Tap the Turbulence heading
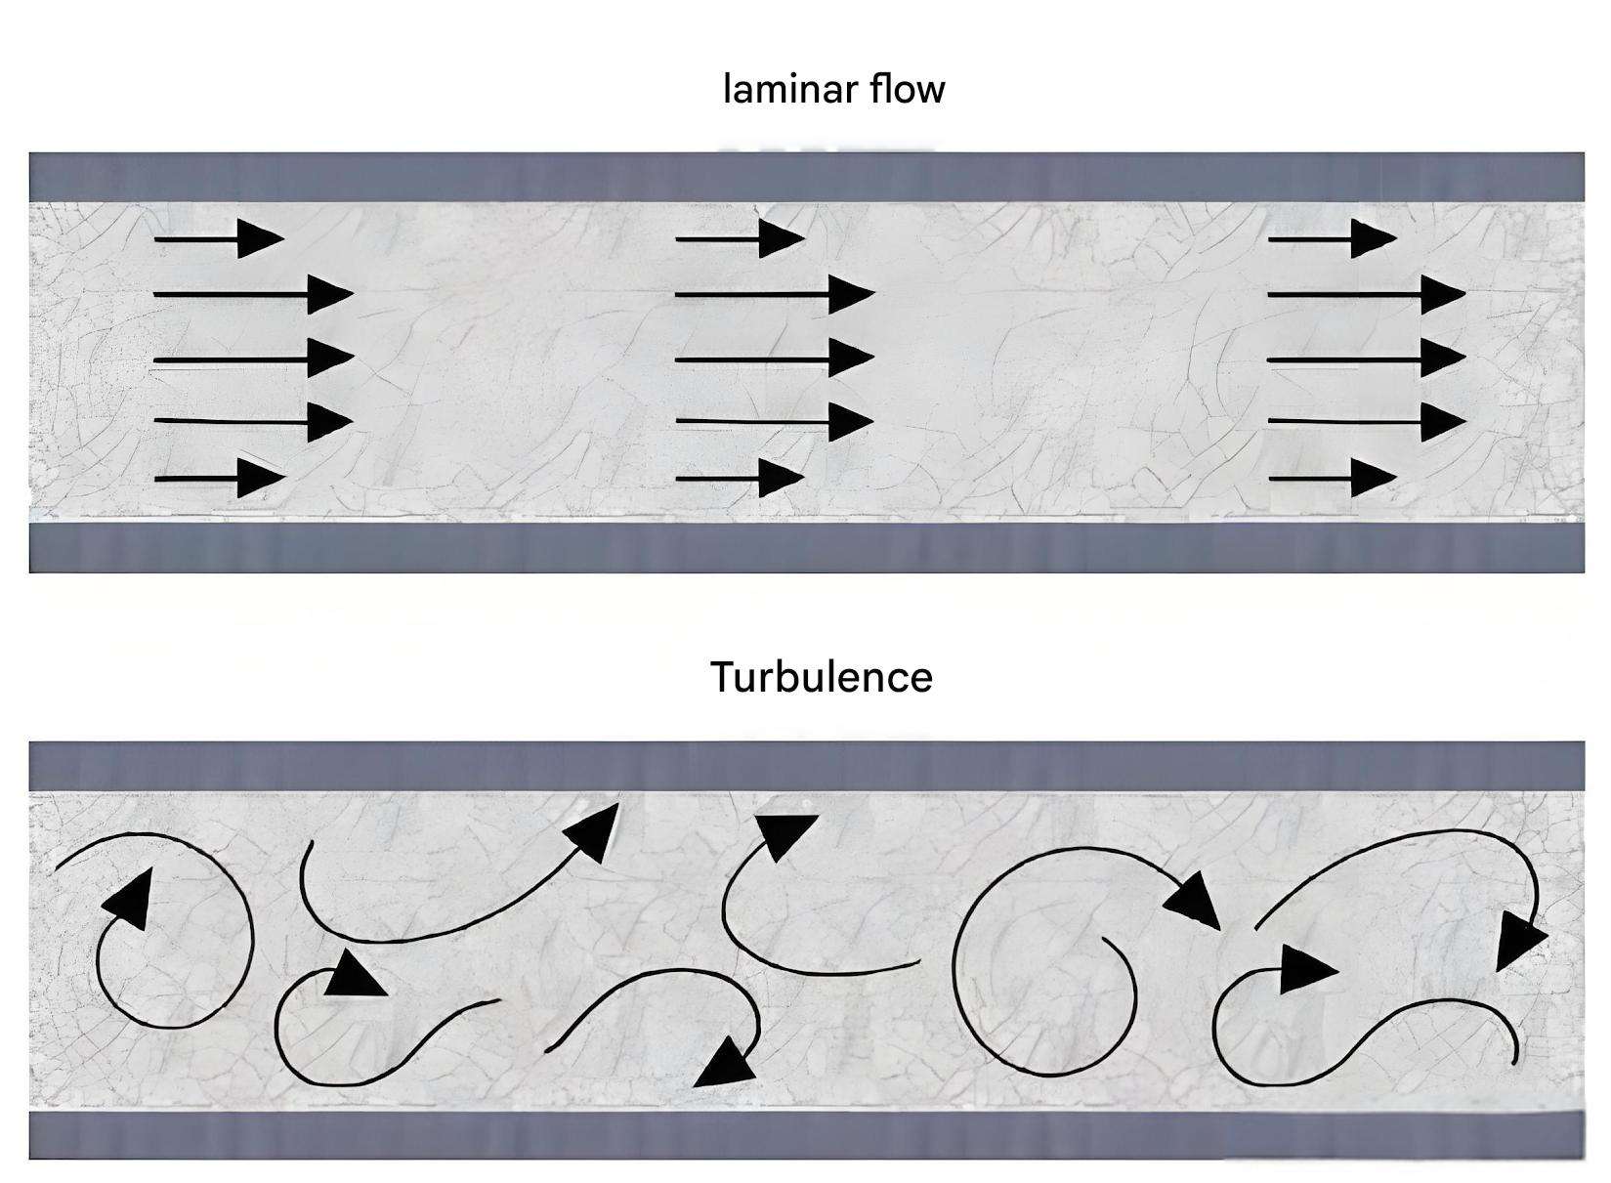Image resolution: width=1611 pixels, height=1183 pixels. tap(821, 677)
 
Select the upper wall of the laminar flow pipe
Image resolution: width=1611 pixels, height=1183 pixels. tap(806, 177)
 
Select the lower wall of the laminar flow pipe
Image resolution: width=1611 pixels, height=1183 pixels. tap(806, 548)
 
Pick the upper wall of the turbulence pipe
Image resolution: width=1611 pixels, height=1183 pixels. tap(806, 766)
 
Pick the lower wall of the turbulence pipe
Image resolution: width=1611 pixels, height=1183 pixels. tap(806, 1135)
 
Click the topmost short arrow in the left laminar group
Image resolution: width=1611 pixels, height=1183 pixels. tap(219, 238)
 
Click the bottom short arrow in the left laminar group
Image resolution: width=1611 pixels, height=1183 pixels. tap(219, 479)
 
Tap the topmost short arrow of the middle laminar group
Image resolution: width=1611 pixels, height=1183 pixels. tap(740, 238)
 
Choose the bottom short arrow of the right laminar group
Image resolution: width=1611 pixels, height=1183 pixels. tap(1332, 479)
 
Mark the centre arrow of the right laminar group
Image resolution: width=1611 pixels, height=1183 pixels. tap(1366, 359)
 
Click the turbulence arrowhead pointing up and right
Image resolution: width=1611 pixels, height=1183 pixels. tap(594, 831)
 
